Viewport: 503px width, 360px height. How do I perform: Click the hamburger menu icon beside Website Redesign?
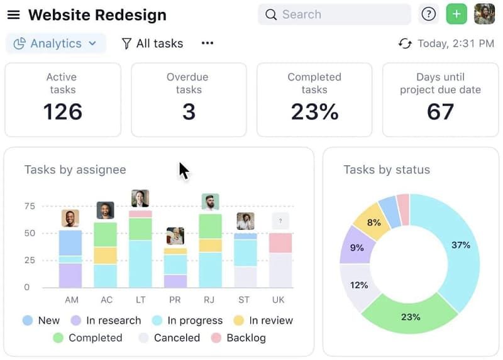tap(13, 14)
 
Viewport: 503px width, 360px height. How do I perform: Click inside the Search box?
tap(334, 14)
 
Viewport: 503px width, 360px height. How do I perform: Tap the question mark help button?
tap(429, 14)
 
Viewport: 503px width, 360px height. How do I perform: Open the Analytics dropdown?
tap(55, 43)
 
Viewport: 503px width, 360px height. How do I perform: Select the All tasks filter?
tap(152, 43)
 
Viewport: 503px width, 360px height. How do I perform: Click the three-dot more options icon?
tap(207, 43)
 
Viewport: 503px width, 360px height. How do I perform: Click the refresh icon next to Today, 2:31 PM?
tap(405, 43)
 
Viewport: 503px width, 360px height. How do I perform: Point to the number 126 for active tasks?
tap(62, 112)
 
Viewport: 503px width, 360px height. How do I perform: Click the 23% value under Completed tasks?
tap(314, 112)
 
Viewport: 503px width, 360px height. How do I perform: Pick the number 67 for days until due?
tap(440, 112)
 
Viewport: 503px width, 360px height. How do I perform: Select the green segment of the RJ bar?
tap(211, 226)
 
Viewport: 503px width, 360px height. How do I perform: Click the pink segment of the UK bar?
tap(280, 243)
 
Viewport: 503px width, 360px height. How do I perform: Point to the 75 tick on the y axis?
tap(30, 206)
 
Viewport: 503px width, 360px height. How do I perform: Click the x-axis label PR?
tap(175, 300)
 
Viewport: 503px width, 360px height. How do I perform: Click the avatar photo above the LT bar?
tap(140, 199)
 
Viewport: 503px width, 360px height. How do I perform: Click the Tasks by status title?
tap(387, 170)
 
